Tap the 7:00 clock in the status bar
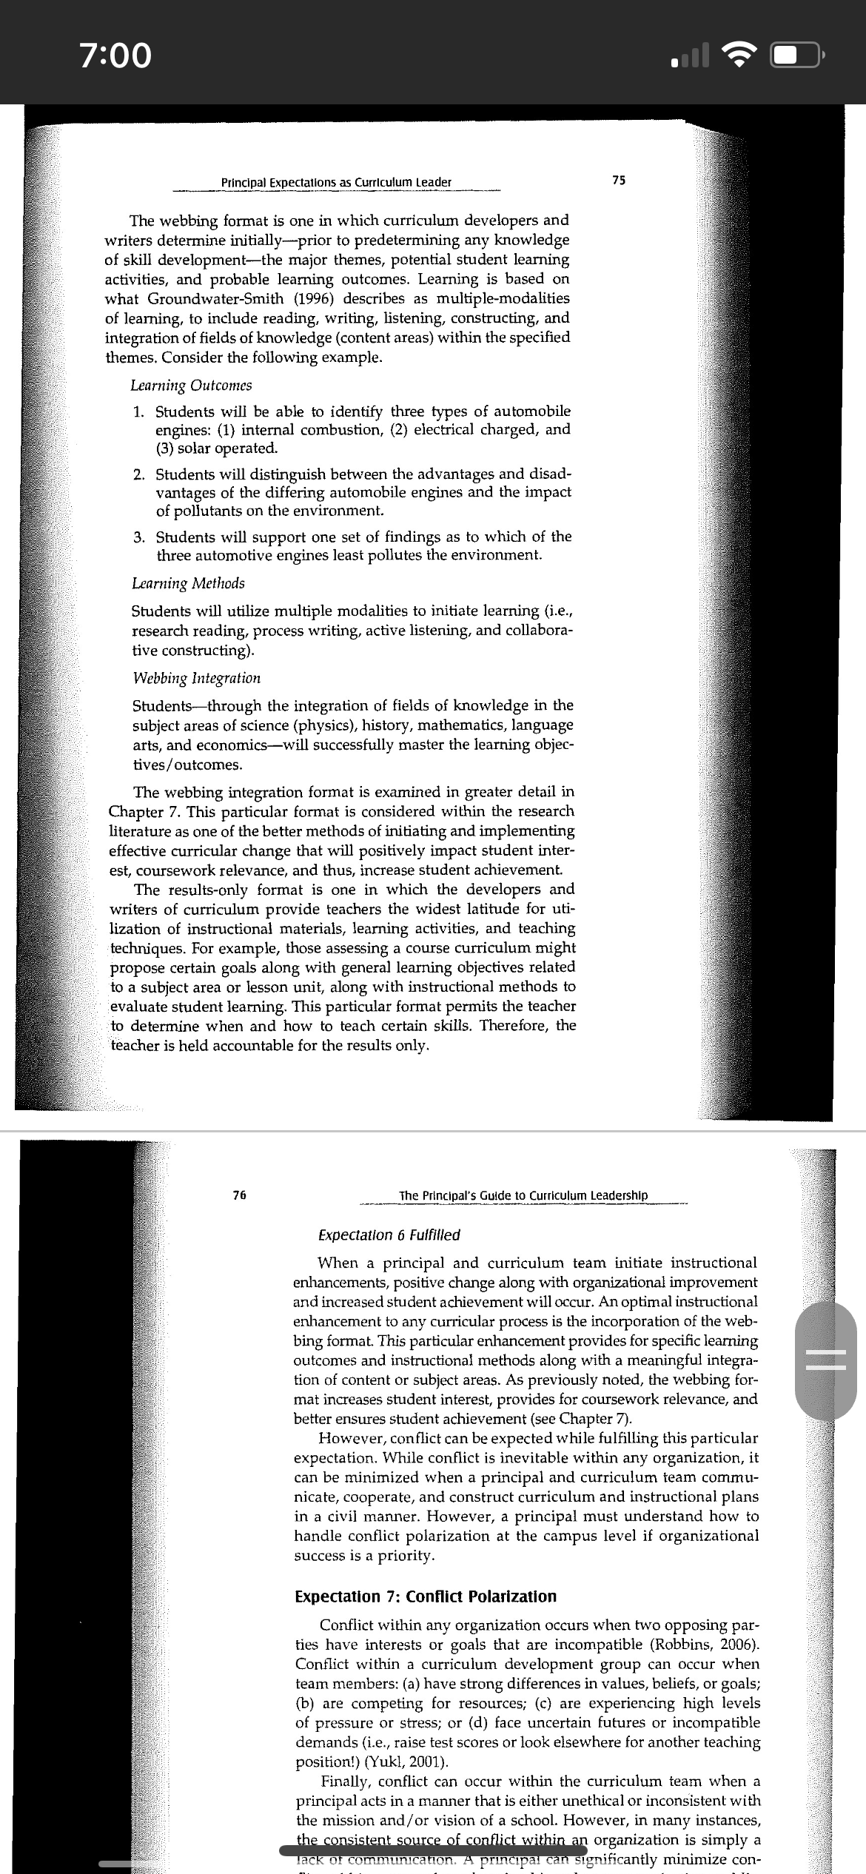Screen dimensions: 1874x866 pyautogui.click(x=115, y=55)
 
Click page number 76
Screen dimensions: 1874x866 pyautogui.click(x=239, y=1195)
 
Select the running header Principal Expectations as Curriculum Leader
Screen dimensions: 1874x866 pyautogui.click(x=336, y=182)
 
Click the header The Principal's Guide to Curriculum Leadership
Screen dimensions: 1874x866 pyautogui.click(x=523, y=1195)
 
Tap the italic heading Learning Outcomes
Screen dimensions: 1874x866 pyautogui.click(x=191, y=386)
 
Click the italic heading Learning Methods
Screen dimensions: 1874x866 pyautogui.click(x=188, y=583)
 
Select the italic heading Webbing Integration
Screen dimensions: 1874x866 pyautogui.click(x=196, y=678)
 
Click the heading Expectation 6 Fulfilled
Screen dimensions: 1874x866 pyautogui.click(x=389, y=1235)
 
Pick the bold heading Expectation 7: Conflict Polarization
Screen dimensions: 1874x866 pyautogui.click(x=426, y=1596)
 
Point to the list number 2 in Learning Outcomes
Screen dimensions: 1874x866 pyautogui.click(x=139, y=474)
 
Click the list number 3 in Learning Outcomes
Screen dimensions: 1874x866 pyautogui.click(x=139, y=537)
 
